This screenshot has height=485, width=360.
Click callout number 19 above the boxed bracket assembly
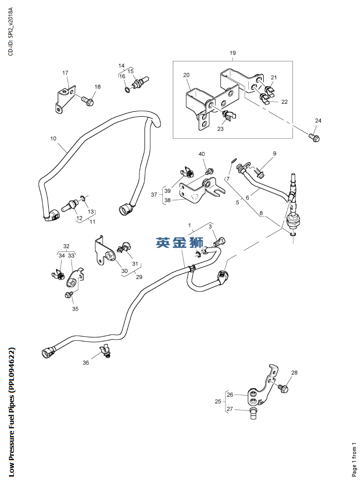click(232, 53)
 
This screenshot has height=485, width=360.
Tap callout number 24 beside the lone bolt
click(318, 121)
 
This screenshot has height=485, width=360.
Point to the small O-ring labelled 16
click(128, 90)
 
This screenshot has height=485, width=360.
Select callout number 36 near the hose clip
click(85, 363)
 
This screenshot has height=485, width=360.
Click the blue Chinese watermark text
click(179, 243)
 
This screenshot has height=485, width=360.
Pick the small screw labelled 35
click(69, 295)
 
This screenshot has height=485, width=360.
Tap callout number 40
click(202, 155)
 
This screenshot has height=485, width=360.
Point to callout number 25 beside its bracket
click(217, 402)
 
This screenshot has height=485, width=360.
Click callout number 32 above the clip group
click(66, 246)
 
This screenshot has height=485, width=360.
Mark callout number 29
click(139, 276)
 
